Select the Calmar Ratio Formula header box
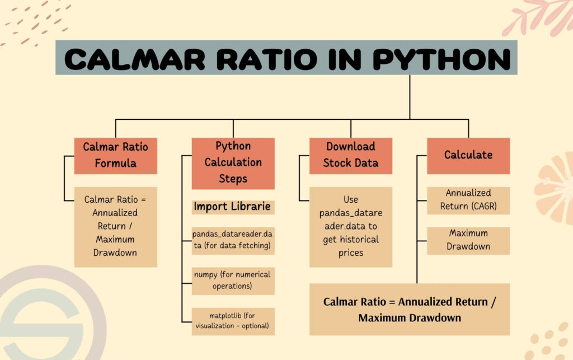[116, 156]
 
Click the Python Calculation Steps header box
[233, 163]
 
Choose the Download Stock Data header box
[351, 155]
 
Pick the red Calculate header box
[468, 155]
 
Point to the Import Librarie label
[232, 207]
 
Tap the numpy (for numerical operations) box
[233, 280]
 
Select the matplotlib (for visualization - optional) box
[233, 321]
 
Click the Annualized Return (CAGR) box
[468, 200]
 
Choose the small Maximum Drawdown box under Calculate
[468, 240]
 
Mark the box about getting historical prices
[351, 226]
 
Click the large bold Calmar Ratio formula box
[410, 310]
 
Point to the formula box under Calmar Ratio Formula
[116, 226]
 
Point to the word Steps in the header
[233, 179]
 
